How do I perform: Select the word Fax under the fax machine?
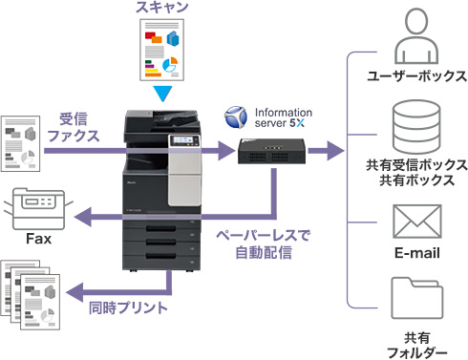click(38, 239)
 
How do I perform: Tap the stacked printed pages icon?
click(32, 292)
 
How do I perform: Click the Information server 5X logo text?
click(282, 118)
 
